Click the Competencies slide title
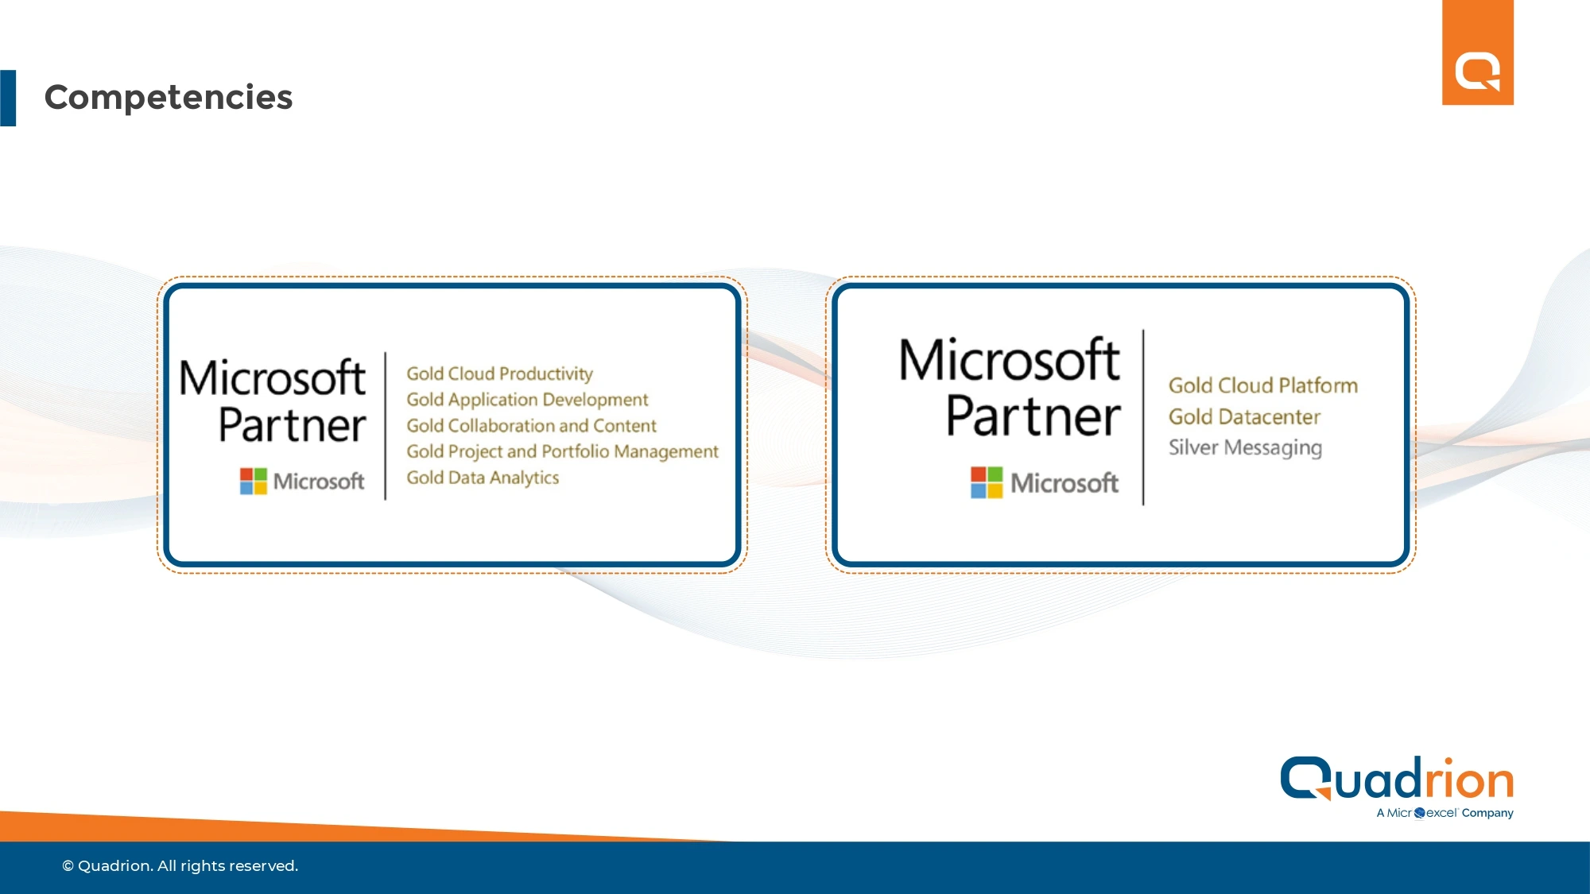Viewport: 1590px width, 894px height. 169,98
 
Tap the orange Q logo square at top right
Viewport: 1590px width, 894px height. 1478,52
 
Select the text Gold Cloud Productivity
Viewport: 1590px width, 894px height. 499,373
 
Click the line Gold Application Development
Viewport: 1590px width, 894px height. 527,400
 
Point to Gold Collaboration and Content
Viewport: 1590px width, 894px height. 531,426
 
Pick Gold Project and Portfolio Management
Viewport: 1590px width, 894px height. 562,451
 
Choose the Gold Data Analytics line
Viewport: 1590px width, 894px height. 483,478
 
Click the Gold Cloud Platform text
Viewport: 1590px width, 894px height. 1262,385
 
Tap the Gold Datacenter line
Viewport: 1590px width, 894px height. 1244,416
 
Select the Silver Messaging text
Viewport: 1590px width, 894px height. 1245,448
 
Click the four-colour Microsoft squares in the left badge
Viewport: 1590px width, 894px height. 254,481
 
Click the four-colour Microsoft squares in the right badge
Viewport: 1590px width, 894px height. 987,482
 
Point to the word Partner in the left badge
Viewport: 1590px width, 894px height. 292,425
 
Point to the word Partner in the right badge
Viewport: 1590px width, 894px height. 1033,416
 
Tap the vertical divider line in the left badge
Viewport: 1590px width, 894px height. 386,426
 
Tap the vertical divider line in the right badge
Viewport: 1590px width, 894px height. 1143,417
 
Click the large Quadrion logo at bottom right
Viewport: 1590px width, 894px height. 1397,779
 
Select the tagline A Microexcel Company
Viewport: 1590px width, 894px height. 1445,813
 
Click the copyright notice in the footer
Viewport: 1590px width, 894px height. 180,865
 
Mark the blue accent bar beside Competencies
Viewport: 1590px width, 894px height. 8,98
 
